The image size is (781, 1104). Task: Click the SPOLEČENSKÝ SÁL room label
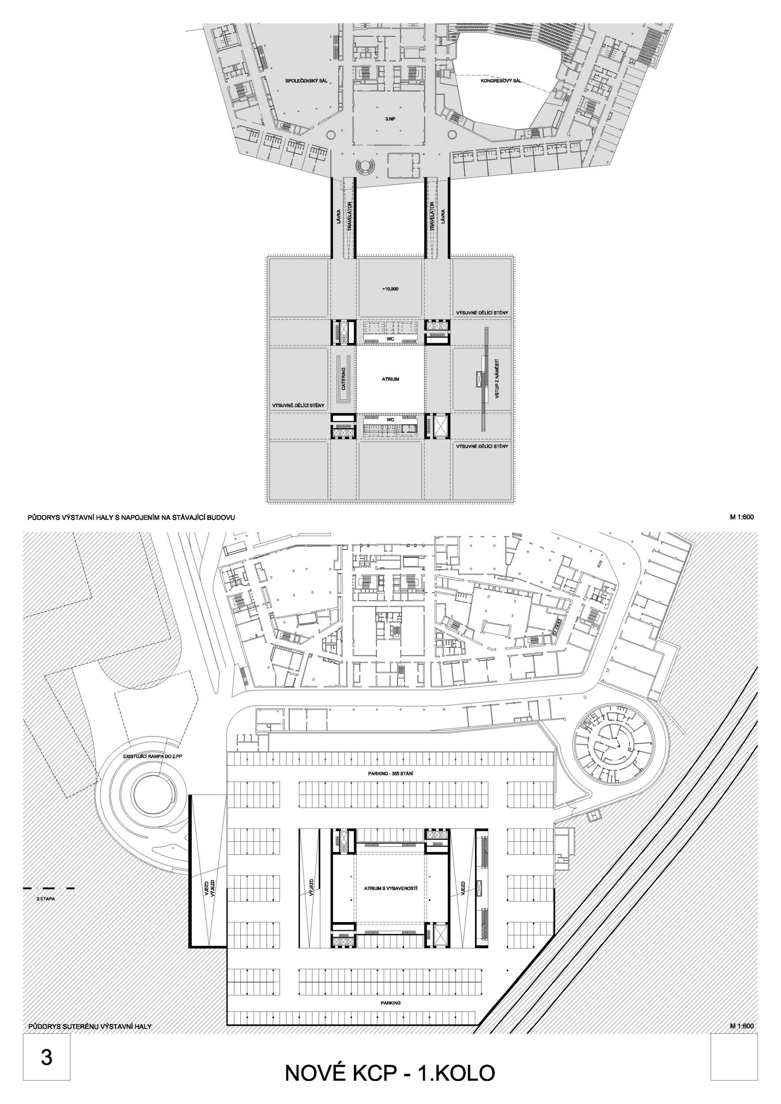tap(306, 81)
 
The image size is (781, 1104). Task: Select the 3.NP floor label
tap(390, 117)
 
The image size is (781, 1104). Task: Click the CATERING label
tap(343, 379)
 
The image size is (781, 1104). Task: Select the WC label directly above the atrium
tap(390, 340)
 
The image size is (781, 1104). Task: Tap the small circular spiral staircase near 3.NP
tap(364, 166)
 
